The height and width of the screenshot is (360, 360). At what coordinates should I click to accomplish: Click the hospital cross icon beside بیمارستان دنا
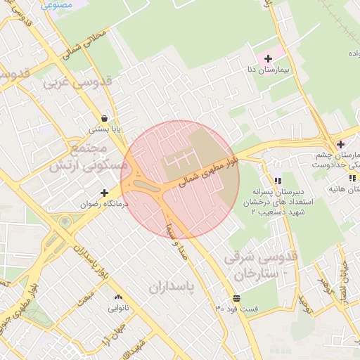point(268,58)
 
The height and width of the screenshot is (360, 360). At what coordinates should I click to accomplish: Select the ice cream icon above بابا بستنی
point(105,118)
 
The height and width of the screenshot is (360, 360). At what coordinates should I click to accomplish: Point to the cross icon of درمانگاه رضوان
point(105,192)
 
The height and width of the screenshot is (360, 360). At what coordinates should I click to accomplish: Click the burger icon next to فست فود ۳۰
point(236,297)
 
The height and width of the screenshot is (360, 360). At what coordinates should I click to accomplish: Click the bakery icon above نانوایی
point(118,297)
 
